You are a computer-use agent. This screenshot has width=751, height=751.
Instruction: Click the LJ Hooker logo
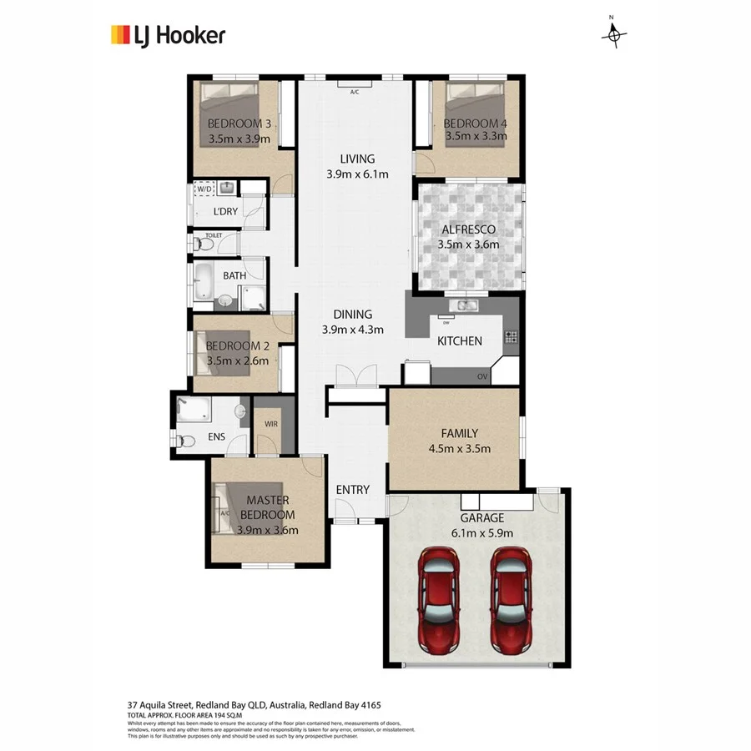(x=168, y=34)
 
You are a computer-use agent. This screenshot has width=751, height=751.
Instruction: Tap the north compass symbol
(x=614, y=34)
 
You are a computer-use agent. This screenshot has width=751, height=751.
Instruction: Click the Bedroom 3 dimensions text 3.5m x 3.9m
(x=239, y=139)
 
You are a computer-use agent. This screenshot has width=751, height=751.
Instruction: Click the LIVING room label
(x=357, y=159)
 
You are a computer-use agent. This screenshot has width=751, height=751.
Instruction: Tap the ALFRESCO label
(x=467, y=229)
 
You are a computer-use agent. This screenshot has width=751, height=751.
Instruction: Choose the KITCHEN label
(x=460, y=340)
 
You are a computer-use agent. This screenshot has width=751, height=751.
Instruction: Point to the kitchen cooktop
(x=511, y=338)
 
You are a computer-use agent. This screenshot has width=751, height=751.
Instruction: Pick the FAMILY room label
(x=459, y=433)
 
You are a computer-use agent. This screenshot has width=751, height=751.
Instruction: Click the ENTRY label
(x=352, y=490)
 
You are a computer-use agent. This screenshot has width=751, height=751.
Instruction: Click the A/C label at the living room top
(x=354, y=91)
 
